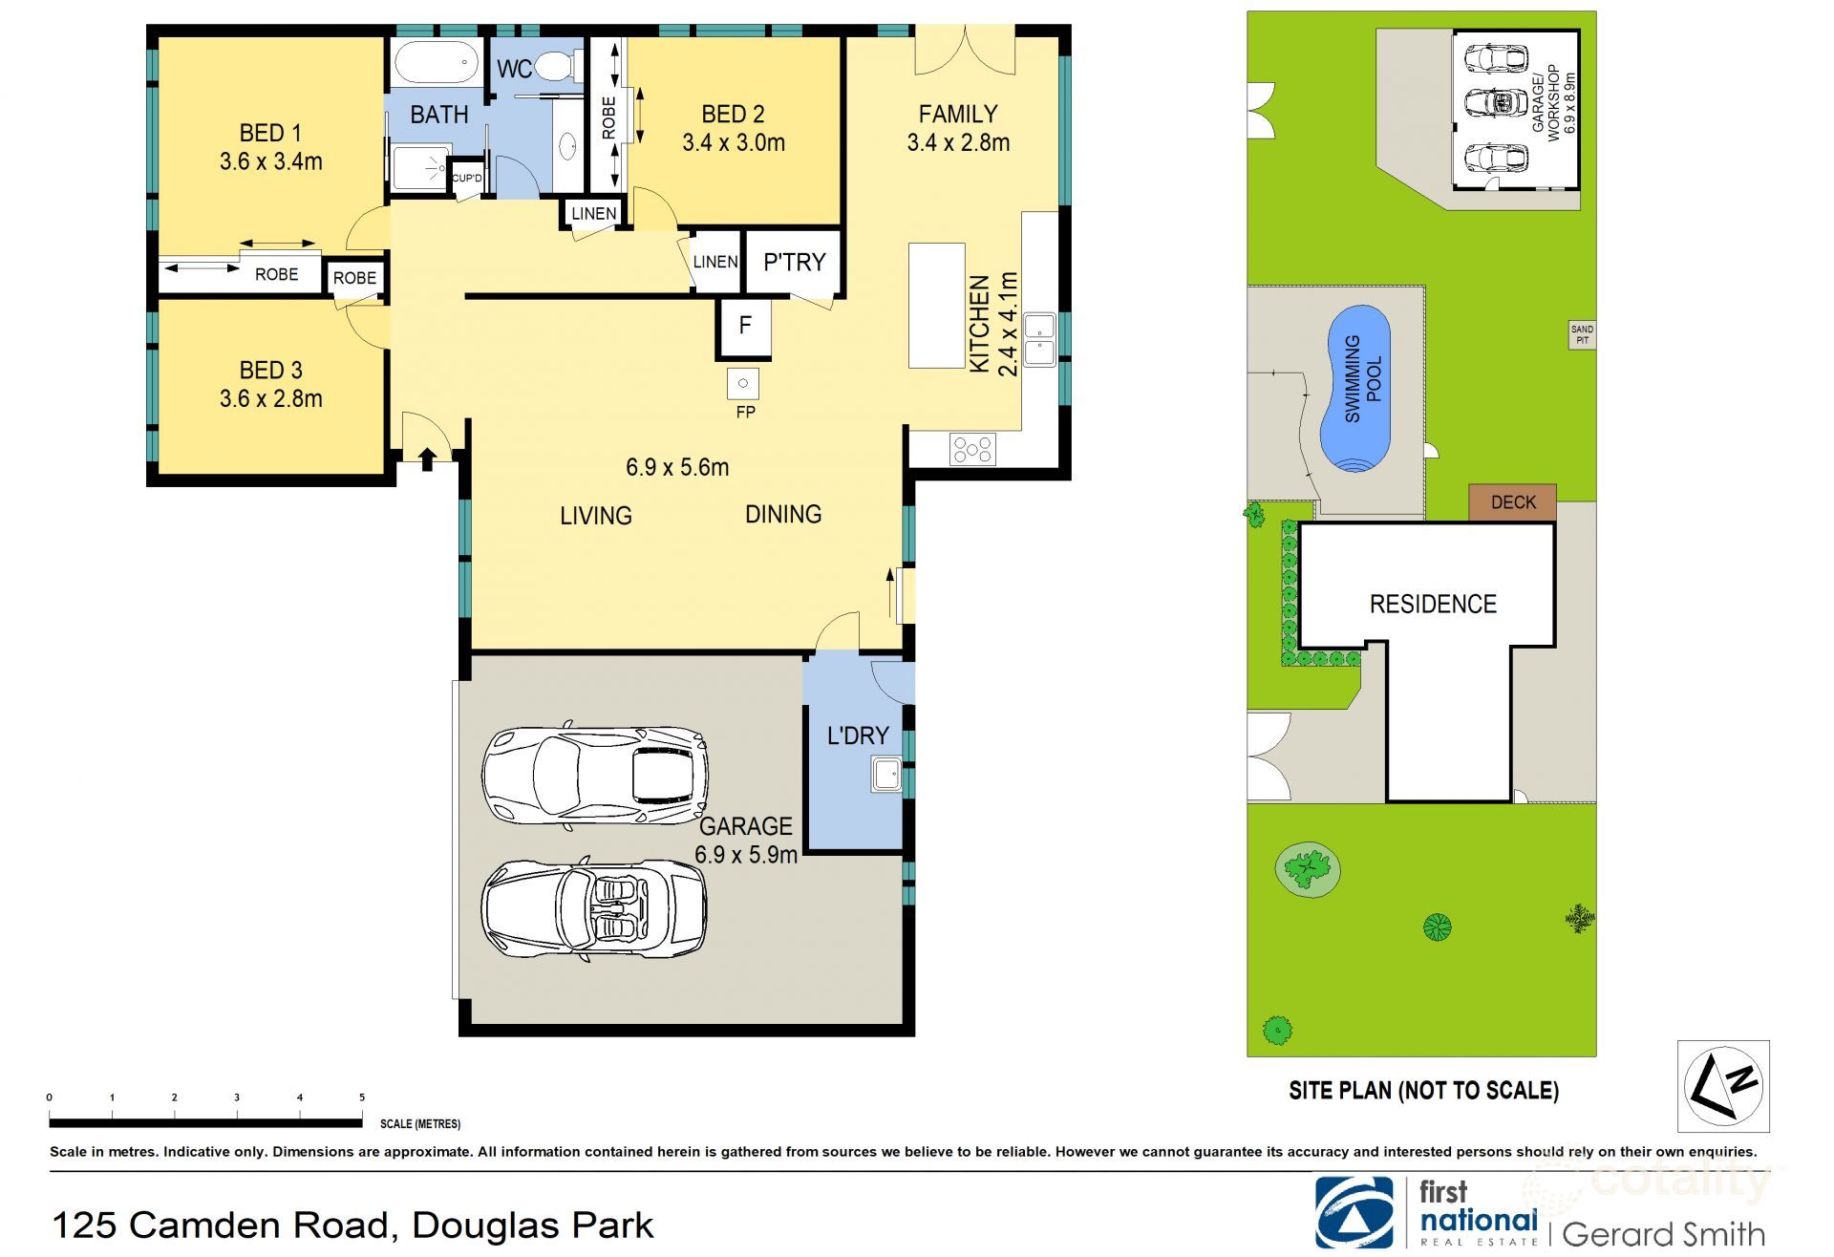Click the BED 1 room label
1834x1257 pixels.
[270, 133]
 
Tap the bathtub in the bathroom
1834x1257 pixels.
[436, 63]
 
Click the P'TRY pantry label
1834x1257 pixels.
[794, 262]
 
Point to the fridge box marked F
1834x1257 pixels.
[744, 326]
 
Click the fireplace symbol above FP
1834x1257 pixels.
[743, 384]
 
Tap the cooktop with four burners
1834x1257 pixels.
[972, 448]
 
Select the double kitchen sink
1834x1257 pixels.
[1039, 339]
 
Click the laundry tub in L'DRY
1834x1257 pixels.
[885, 774]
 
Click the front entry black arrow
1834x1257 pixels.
[427, 459]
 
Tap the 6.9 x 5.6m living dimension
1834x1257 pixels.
[677, 467]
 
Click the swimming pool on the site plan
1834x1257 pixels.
[1357, 388]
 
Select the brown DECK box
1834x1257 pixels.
[1512, 502]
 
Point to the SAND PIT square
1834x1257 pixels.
[1582, 334]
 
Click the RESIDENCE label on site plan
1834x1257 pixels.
[1433, 604]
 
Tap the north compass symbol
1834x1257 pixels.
[1722, 1086]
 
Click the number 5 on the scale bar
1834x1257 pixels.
[362, 1097]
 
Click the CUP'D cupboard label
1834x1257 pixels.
[467, 179]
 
